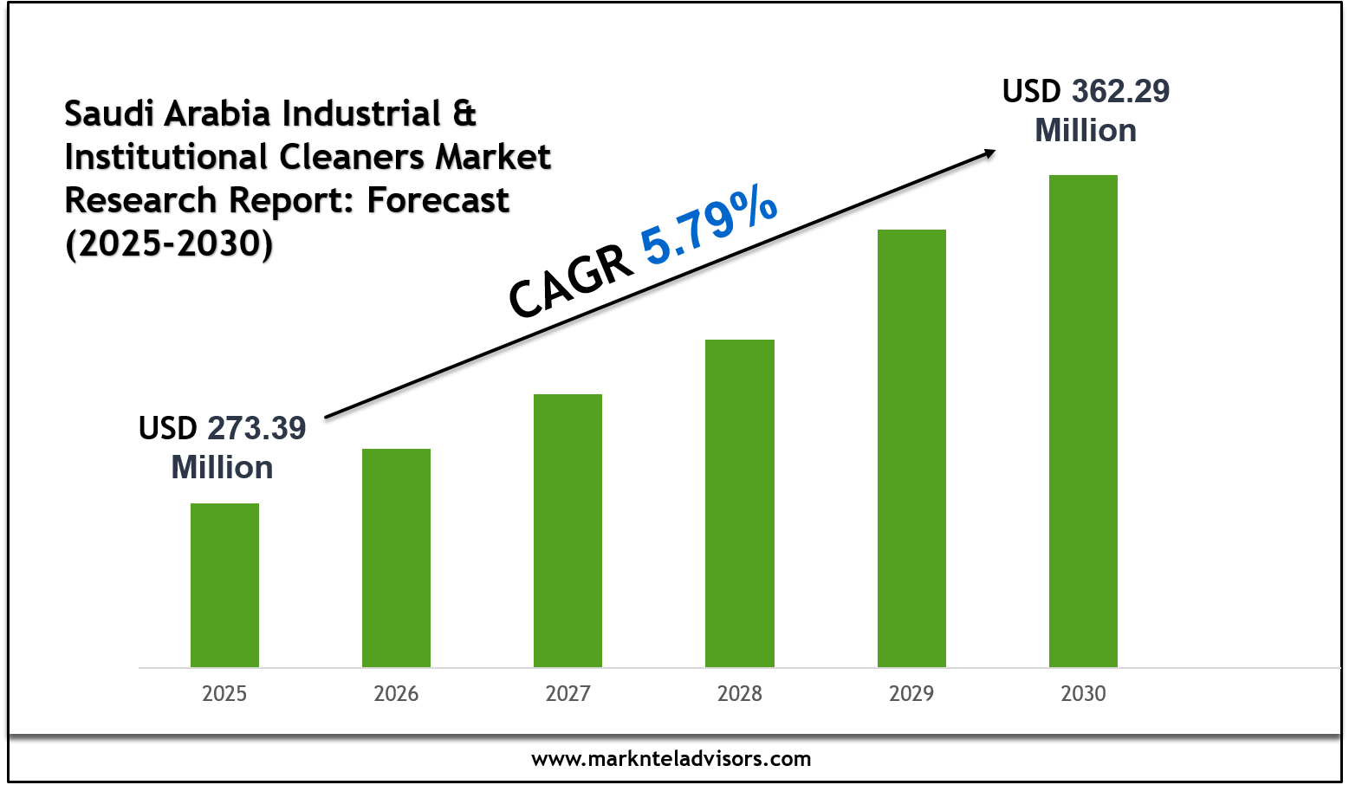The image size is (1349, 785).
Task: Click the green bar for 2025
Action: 224,585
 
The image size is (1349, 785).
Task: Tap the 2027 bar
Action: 567,530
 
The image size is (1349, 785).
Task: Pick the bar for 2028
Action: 739,503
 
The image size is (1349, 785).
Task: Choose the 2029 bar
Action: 911,448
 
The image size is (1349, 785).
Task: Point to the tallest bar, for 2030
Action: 1083,420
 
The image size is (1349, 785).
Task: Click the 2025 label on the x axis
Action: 224,694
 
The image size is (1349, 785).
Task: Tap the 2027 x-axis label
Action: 567,694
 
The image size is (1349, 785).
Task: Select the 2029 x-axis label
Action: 911,694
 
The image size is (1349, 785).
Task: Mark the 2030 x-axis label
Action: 1083,694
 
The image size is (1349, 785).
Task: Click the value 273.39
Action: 256,429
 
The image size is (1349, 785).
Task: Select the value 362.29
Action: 1120,92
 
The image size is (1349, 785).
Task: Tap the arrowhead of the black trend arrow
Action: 989,152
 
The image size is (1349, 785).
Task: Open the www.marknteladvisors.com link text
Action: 671,760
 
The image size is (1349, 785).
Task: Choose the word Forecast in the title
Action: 438,200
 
